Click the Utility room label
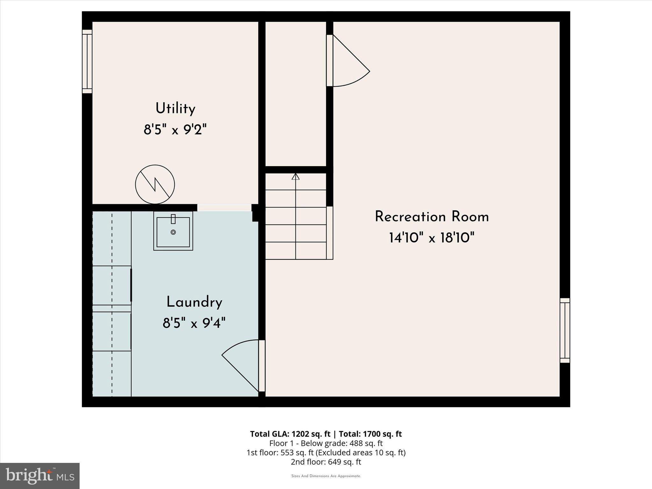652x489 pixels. tap(175, 109)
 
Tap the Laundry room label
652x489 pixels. tap(194, 302)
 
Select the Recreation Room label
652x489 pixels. tap(432, 217)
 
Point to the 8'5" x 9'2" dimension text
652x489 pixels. tap(175, 130)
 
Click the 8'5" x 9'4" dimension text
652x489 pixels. tap(194, 323)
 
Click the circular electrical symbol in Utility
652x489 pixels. tap(155, 184)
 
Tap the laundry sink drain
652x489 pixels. tap(173, 232)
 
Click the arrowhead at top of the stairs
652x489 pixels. tap(296, 176)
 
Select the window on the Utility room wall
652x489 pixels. tap(87, 61)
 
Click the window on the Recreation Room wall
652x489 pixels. tap(565, 330)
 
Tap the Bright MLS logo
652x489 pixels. tap(40, 476)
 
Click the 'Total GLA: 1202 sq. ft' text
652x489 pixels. tap(290, 434)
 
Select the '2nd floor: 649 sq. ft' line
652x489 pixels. tap(326, 462)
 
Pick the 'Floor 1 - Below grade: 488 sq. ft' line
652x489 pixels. tap(326, 443)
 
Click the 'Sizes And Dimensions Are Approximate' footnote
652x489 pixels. tap(326, 476)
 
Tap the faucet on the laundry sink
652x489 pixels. tap(173, 219)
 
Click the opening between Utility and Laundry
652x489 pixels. tap(224, 208)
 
